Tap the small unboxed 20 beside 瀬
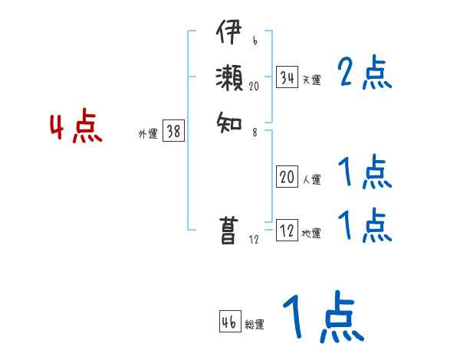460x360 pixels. (255, 87)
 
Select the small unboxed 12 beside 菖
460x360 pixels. (255, 240)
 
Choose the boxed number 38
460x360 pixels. (173, 131)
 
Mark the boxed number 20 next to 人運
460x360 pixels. (287, 177)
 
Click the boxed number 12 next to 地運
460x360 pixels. (287, 231)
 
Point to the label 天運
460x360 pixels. (311, 80)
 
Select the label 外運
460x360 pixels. (148, 133)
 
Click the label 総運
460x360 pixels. (255, 325)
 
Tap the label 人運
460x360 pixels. (311, 179)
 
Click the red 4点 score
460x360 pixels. (77, 127)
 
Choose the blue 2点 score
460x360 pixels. (365, 74)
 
